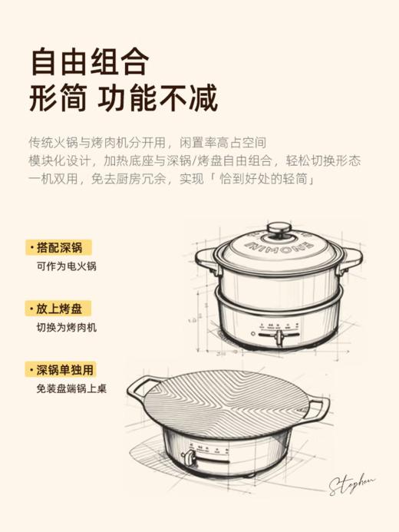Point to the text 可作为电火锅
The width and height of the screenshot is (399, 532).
(67, 267)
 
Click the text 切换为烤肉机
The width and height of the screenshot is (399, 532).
(67, 328)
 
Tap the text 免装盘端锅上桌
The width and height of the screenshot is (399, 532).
(71, 388)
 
